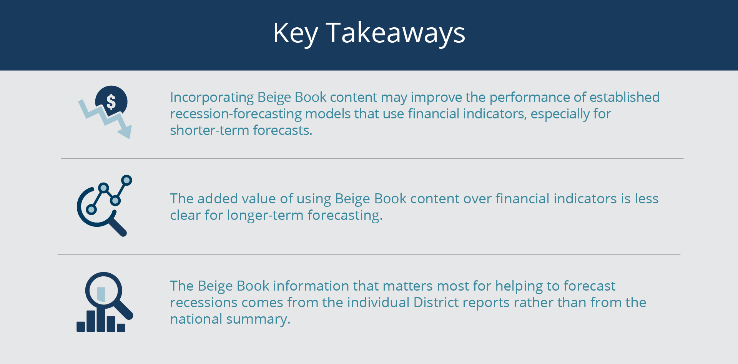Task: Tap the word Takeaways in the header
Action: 396,33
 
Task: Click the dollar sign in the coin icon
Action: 111,102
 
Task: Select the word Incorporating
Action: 212,98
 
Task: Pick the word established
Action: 625,97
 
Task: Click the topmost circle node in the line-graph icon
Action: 126,180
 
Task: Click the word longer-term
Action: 265,215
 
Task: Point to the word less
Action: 647,199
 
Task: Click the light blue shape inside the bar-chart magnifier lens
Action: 101,294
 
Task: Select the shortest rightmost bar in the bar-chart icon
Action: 121,327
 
